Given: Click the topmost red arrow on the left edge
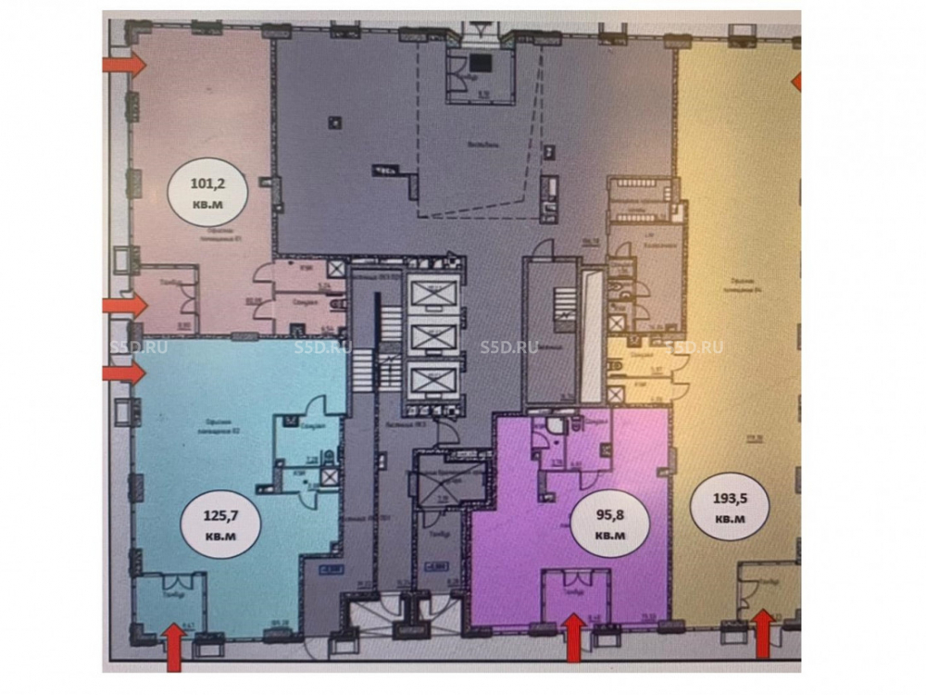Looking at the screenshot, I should point(124,64).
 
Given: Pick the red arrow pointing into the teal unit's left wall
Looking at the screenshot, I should point(124,373).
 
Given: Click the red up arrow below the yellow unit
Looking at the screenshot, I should point(762,634).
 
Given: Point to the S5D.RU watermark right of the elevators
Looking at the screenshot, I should point(509,347).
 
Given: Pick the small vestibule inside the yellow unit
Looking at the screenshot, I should point(761,590).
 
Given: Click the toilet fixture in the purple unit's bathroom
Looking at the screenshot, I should point(553,427).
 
